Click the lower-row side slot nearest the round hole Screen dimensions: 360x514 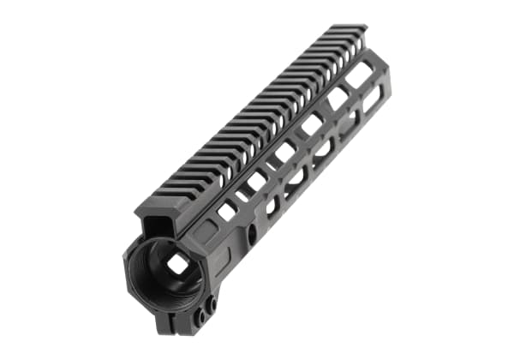click(272, 206)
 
